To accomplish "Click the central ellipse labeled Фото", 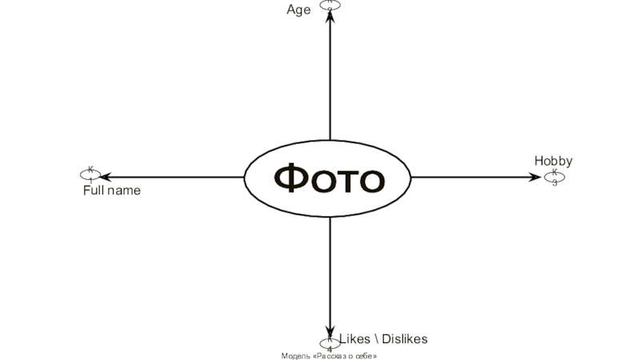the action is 329,178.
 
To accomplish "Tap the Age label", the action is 298,10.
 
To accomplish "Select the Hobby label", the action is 554,162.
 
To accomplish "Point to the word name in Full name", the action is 124,191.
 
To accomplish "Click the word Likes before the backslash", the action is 354,339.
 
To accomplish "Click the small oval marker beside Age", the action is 330,4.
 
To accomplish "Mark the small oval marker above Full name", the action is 90,173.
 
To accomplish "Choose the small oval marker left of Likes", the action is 330,344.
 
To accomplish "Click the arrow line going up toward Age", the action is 330,80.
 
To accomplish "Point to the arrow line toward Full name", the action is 176,177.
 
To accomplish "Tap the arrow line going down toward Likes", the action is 330,272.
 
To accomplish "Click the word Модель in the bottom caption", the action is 296,355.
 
